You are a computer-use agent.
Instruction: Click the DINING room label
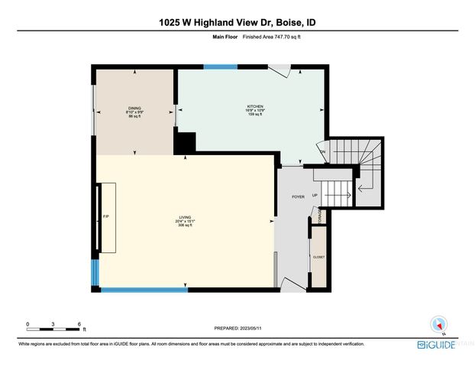134,108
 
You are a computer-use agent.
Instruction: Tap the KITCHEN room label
254,106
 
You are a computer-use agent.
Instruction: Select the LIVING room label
185,217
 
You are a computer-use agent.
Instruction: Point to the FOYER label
298,196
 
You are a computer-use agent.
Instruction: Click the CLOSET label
318,257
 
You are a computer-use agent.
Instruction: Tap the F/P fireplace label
105,217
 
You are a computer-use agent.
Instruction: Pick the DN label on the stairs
323,152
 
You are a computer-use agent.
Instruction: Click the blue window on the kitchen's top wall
220,67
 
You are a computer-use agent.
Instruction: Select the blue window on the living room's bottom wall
144,289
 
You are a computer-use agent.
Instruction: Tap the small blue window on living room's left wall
95,271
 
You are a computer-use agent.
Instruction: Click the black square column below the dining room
186,143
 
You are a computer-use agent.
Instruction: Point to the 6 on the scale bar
80,324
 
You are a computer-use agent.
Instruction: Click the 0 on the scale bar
27,324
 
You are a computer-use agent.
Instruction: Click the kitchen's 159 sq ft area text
254,115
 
